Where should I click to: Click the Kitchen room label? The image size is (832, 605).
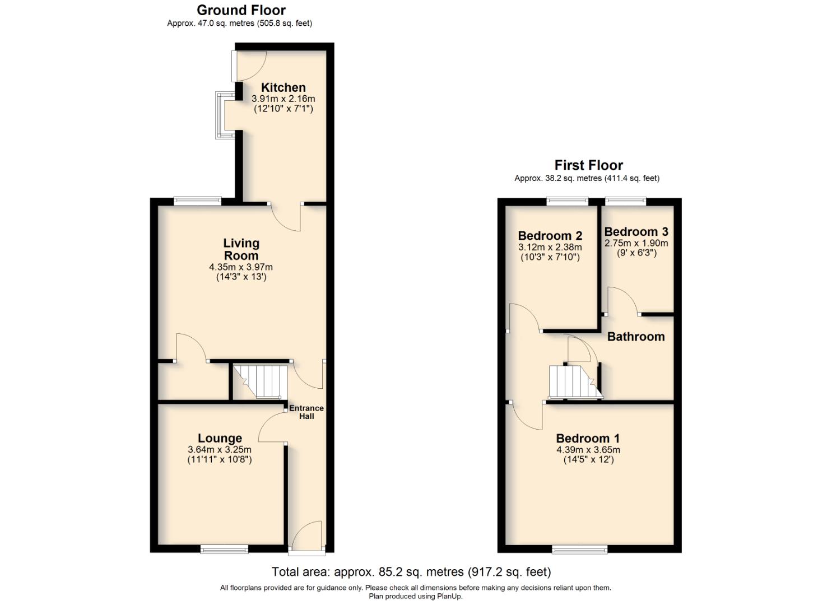click(283, 87)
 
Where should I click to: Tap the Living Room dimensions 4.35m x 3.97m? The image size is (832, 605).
click(241, 267)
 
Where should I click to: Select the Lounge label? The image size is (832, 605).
click(220, 439)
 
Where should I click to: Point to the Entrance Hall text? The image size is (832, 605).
click(306, 412)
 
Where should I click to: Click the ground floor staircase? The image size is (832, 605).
click(259, 381)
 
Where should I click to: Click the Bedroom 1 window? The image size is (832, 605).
click(580, 550)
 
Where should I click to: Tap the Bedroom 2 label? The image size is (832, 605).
click(550, 236)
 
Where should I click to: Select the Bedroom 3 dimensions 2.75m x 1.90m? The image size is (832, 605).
click(636, 243)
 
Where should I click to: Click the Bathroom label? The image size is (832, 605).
click(636, 337)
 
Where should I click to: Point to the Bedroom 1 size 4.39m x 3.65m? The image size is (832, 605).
click(588, 450)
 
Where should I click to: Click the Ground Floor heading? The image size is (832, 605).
click(241, 10)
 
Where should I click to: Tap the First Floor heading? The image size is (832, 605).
click(588, 165)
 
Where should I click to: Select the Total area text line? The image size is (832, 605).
click(411, 572)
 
